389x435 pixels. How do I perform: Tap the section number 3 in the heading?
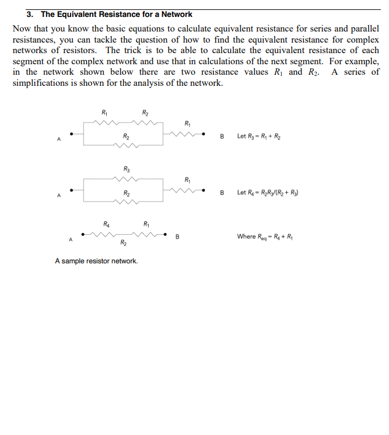29,14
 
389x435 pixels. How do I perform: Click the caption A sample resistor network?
96,261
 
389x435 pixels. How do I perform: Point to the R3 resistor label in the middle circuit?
127,169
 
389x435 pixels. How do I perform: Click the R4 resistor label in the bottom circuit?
106,224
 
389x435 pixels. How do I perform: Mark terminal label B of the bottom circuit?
177,236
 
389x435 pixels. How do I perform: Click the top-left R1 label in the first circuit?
104,112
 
